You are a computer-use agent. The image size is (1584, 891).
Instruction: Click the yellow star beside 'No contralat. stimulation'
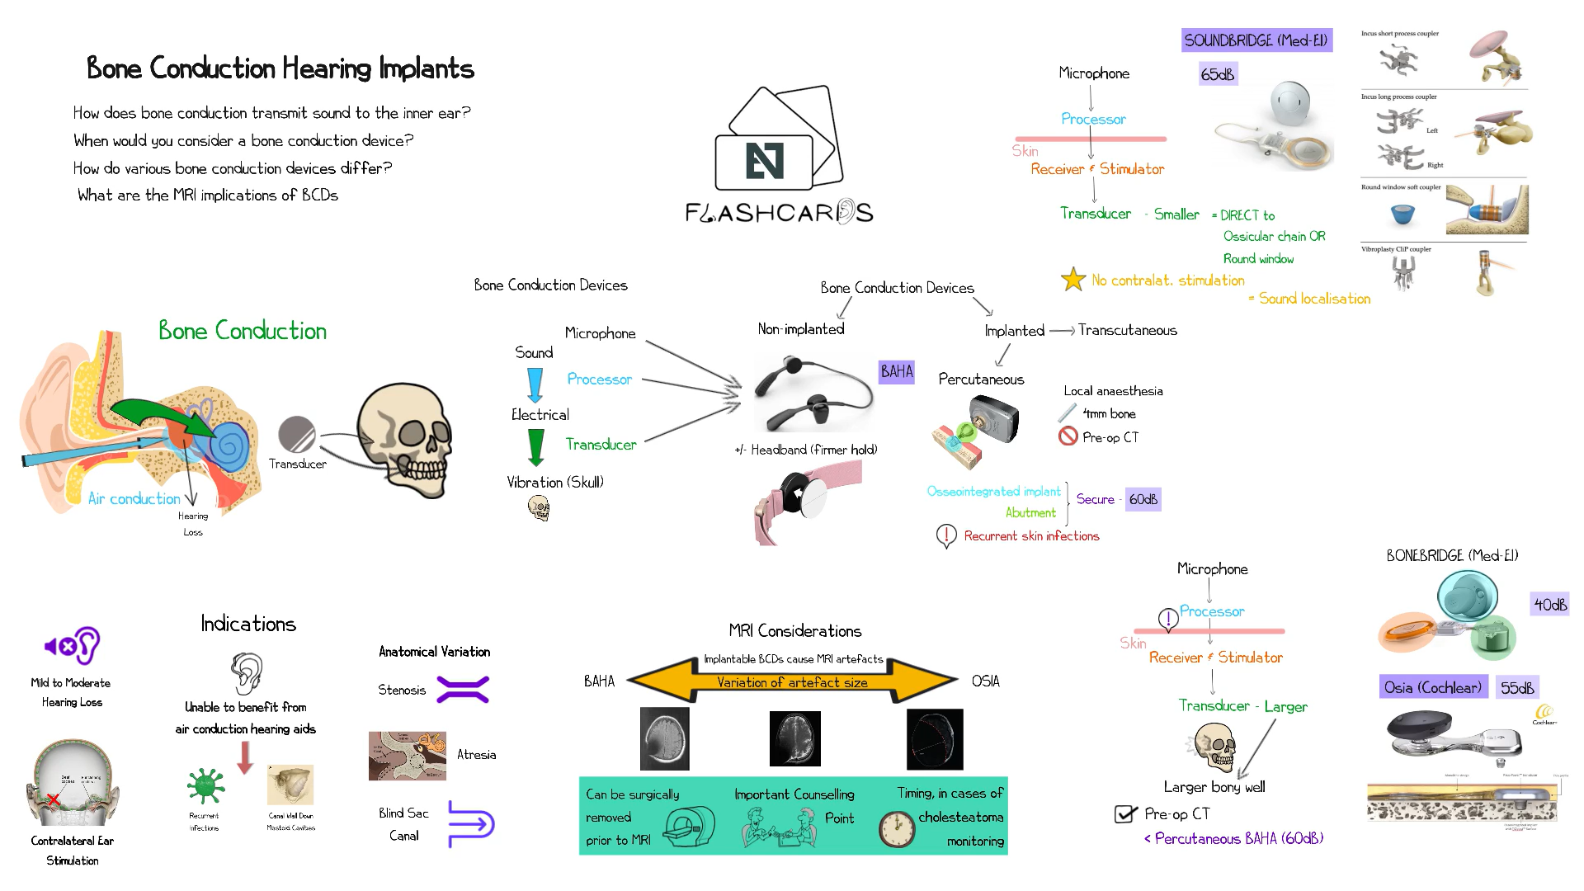click(x=1072, y=280)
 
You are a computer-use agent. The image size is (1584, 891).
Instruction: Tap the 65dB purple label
click(x=1218, y=74)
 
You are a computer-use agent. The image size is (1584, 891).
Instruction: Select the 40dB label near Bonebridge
click(x=1550, y=604)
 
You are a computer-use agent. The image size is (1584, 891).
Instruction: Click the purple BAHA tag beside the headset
click(x=897, y=371)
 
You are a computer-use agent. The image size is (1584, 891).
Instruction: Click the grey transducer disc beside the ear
click(x=297, y=434)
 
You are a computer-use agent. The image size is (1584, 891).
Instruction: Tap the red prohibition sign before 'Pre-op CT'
click(x=1068, y=436)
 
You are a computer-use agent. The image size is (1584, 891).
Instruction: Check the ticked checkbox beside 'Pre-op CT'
click(x=1125, y=814)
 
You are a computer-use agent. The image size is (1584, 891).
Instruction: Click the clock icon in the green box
click(x=897, y=829)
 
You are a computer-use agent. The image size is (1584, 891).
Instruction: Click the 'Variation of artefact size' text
click(x=792, y=682)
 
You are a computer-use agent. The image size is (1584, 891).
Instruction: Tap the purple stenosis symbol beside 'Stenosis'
click(x=463, y=689)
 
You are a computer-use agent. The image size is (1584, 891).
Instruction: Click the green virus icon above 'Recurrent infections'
click(x=205, y=785)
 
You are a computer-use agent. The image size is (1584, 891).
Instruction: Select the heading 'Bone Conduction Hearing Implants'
click(x=280, y=68)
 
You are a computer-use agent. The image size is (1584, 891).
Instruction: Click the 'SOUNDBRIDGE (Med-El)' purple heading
click(x=1256, y=40)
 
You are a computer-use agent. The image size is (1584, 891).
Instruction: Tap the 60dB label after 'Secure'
click(x=1143, y=499)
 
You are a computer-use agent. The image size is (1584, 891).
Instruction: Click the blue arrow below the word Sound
click(x=535, y=384)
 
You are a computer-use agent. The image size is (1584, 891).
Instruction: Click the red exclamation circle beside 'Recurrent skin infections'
click(x=945, y=536)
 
